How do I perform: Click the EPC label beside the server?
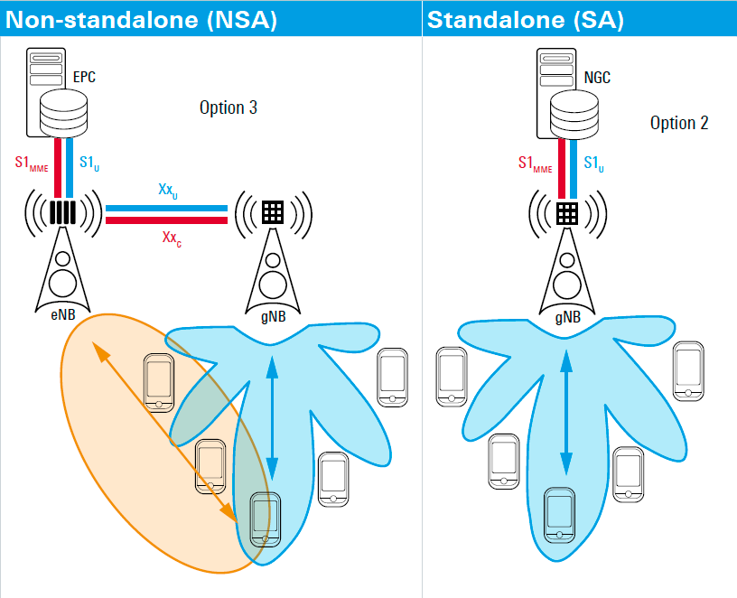coord(84,78)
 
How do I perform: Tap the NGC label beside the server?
coord(597,78)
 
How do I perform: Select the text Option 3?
coord(229,107)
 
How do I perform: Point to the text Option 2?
coord(679,123)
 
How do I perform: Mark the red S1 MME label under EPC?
coord(31,164)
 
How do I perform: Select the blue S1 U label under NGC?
coord(593,164)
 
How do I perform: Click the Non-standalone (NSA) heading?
coord(141,19)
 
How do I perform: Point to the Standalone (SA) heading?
coord(525,19)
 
